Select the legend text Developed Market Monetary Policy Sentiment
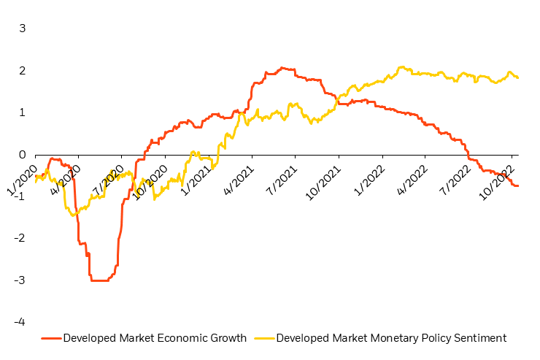391,338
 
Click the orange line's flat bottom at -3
99,280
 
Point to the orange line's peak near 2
283,68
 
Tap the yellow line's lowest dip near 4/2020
73,215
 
